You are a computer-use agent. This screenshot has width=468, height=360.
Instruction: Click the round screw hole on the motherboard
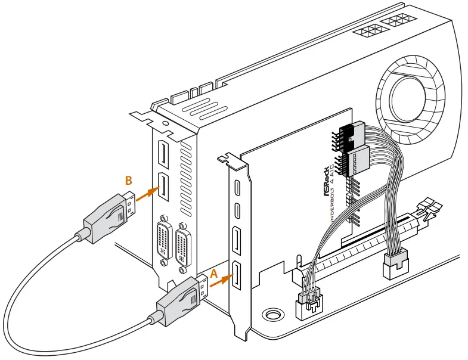274,314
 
